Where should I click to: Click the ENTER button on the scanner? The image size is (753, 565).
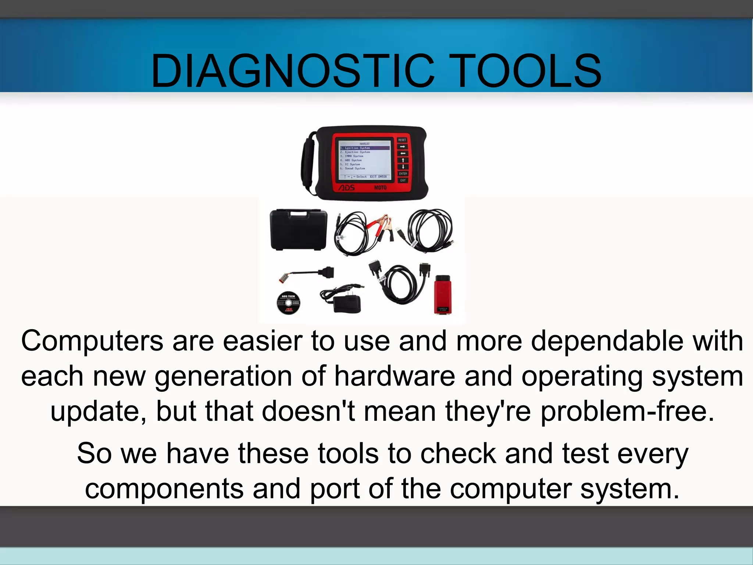(403, 174)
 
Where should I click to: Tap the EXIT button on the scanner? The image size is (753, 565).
(403, 181)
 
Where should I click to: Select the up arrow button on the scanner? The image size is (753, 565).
(403, 160)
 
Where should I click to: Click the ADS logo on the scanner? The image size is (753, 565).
(346, 188)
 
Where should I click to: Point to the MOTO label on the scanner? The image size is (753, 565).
(380, 188)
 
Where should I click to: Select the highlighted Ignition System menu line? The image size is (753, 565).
(364, 148)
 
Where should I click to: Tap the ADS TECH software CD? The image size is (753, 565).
(288, 303)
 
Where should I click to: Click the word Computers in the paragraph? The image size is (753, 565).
(92, 341)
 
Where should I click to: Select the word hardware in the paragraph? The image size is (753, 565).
(395, 376)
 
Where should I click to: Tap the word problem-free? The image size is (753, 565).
(627, 411)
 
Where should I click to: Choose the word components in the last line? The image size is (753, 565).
(164, 489)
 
